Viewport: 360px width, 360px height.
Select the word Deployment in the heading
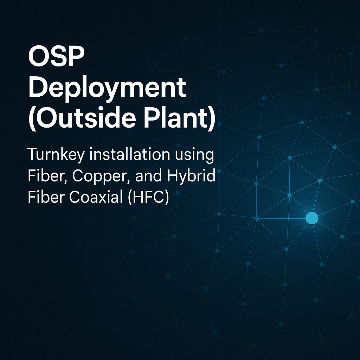[107, 88]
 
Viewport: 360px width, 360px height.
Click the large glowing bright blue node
[312, 218]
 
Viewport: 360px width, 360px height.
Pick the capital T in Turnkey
[32, 155]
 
